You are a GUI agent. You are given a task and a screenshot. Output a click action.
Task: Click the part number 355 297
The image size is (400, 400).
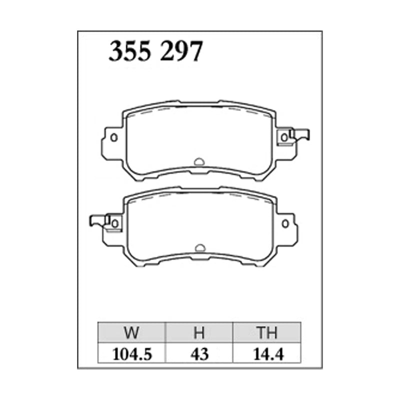click(155, 51)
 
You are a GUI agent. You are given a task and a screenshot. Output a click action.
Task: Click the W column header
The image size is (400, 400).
click(131, 332)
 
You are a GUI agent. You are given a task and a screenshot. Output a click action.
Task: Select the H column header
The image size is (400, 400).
click(199, 332)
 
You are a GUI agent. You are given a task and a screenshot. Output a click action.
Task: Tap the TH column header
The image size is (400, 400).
click(267, 332)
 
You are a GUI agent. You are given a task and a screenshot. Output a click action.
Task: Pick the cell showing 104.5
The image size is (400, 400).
click(132, 354)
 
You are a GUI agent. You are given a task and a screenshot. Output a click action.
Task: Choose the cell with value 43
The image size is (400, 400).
click(199, 354)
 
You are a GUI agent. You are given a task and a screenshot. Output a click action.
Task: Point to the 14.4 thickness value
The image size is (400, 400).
click(268, 354)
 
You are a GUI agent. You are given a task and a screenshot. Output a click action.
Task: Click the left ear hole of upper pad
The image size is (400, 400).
click(114, 137)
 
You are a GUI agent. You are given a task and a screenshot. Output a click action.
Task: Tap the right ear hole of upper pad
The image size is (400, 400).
click(284, 138)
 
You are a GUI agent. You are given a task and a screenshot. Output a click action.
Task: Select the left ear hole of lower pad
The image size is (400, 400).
click(115, 223)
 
